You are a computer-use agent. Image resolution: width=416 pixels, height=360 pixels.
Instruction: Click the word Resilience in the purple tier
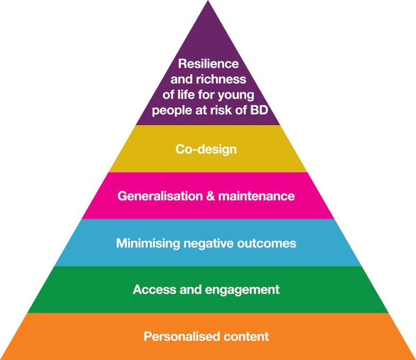[208, 64]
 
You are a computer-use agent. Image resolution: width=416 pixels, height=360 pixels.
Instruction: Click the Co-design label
[206, 150]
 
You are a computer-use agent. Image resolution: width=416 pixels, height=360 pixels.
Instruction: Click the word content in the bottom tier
[244, 336]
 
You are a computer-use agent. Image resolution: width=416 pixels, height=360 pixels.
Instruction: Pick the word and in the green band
[184, 289]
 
